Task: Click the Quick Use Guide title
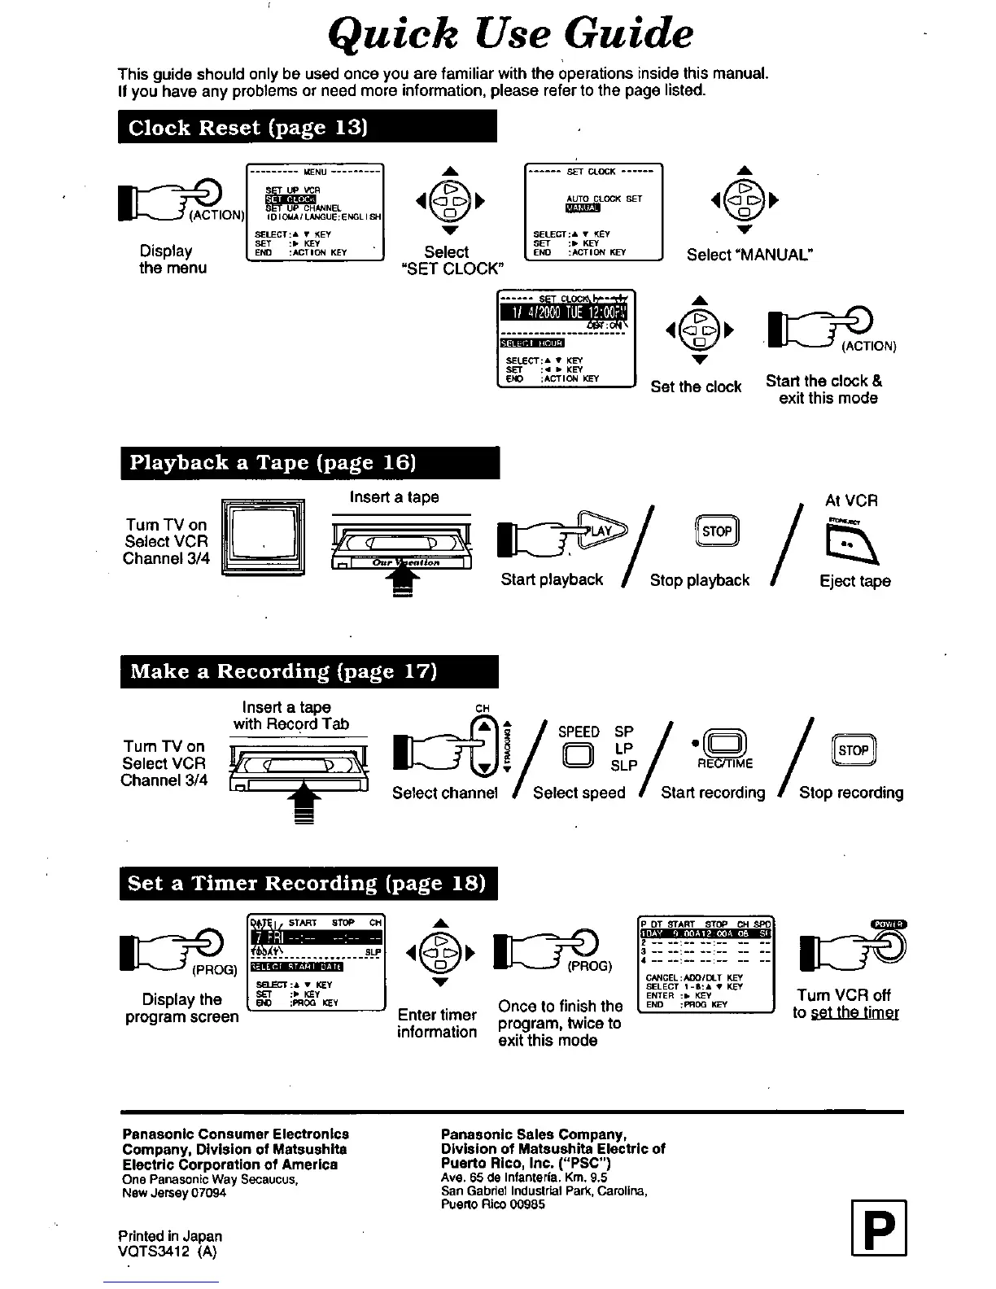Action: [x=511, y=34]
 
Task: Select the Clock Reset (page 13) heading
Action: [x=307, y=128]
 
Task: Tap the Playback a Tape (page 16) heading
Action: [x=309, y=463]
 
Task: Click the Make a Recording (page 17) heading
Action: [x=308, y=671]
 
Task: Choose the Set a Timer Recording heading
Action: [x=308, y=884]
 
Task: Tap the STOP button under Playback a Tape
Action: [x=716, y=531]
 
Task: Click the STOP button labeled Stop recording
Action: [x=854, y=750]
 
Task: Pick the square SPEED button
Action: [x=578, y=756]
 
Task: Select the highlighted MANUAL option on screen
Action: [x=583, y=208]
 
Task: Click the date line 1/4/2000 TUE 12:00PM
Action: [x=566, y=316]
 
